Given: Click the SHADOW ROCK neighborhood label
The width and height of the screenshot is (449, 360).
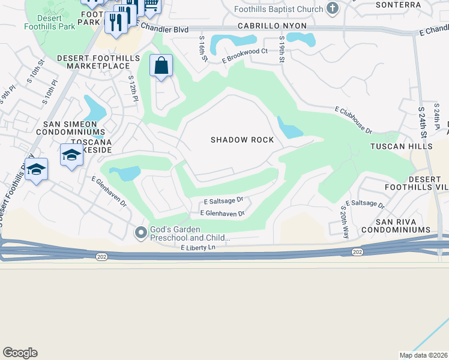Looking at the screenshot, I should (x=242, y=140).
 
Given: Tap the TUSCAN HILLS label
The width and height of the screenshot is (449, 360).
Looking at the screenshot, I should (x=402, y=146).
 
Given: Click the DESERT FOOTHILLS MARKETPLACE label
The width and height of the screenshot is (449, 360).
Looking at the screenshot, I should (x=98, y=61).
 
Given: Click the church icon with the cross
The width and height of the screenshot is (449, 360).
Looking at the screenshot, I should (x=334, y=8).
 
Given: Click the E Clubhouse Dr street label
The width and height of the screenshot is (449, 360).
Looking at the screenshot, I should (x=353, y=121).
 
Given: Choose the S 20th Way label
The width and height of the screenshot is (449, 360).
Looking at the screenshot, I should (x=344, y=222).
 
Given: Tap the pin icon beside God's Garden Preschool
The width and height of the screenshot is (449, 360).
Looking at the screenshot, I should (x=141, y=232).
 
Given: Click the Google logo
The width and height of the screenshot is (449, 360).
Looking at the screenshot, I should (x=20, y=353).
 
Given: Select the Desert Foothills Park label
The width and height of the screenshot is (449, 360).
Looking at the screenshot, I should (x=50, y=22).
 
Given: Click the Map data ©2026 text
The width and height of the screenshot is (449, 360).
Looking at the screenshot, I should (x=423, y=355).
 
